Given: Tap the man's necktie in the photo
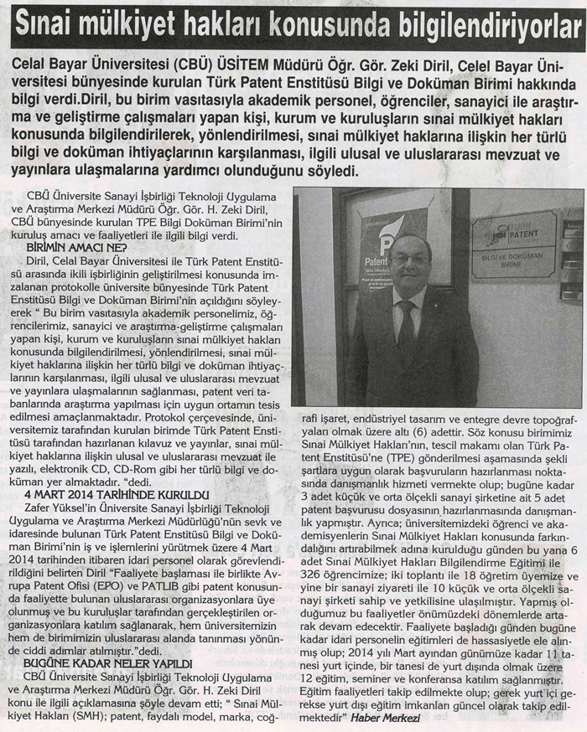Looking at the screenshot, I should (408, 330).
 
